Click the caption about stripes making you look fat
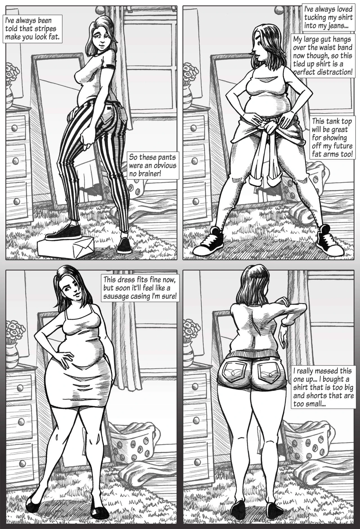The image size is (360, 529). (33, 29)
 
